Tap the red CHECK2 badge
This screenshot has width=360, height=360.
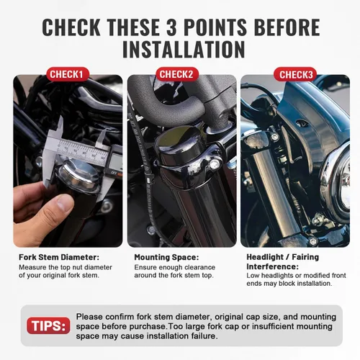coord(176,74)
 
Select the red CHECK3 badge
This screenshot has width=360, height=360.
coord(295,75)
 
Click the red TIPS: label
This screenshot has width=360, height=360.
coord(48,325)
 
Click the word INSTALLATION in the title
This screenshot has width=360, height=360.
coord(184,50)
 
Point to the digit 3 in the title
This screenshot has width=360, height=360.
coord(171,27)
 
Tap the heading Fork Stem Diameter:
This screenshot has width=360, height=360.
coord(59,257)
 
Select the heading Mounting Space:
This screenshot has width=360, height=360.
coord(166,257)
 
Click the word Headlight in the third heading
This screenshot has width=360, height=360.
coord(265,257)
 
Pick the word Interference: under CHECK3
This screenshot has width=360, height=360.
coord(272,266)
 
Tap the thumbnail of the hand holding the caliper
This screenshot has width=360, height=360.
coord(68,161)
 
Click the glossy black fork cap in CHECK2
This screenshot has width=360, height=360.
coord(179,147)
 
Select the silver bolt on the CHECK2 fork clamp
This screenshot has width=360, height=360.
coord(214,164)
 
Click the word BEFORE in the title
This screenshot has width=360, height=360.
coord(287,27)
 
